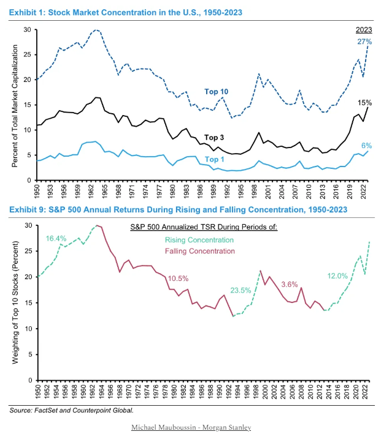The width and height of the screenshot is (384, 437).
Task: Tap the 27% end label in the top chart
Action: (x=364, y=42)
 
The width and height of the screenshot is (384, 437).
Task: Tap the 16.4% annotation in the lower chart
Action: (x=57, y=238)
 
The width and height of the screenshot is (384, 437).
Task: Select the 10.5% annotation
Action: (x=179, y=278)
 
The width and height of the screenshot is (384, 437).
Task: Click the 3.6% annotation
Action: (x=290, y=284)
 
